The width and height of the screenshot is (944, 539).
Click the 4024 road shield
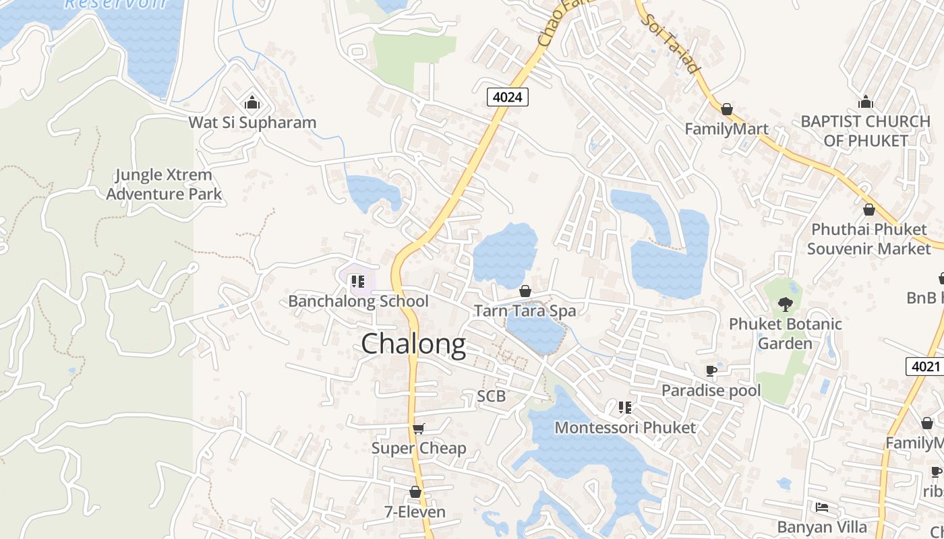(507, 97)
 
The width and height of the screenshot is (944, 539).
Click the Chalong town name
(413, 344)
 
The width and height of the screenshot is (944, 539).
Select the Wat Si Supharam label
(252, 123)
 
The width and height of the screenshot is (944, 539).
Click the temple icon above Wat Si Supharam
(252, 102)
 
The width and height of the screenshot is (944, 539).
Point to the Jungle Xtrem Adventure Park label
(164, 185)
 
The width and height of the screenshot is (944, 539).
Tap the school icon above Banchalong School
(357, 281)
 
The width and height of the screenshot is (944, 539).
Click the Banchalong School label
(358, 301)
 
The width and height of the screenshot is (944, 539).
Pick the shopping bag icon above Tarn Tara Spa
(525, 291)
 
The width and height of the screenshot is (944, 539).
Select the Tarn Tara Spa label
(525, 311)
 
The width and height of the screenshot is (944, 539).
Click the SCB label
(491, 396)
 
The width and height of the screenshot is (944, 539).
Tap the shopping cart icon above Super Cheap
(419, 429)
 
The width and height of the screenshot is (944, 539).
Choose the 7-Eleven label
(415, 512)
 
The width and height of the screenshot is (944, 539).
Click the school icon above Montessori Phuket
(625, 408)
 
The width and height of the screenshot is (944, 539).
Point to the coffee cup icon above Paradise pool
(711, 371)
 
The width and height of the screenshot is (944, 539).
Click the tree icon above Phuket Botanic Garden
(785, 305)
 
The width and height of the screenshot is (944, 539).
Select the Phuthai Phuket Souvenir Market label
(869, 239)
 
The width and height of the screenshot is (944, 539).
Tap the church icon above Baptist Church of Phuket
(866, 102)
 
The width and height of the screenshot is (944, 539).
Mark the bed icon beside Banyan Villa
(821, 507)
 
